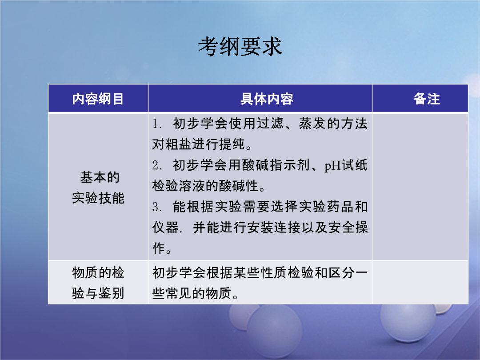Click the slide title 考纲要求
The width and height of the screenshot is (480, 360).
(240, 47)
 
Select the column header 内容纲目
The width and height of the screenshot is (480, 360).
(98, 99)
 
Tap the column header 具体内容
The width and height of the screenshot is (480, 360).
(267, 99)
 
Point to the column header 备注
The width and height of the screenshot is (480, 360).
(427, 99)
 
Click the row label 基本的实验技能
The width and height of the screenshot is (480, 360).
(98, 188)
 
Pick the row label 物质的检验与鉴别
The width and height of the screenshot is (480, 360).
(98, 283)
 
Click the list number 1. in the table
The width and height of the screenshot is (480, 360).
(157, 124)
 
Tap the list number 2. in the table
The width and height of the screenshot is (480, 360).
(157, 166)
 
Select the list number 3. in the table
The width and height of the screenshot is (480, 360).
(157, 207)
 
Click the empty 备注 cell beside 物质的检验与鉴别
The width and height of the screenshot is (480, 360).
(420, 282)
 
